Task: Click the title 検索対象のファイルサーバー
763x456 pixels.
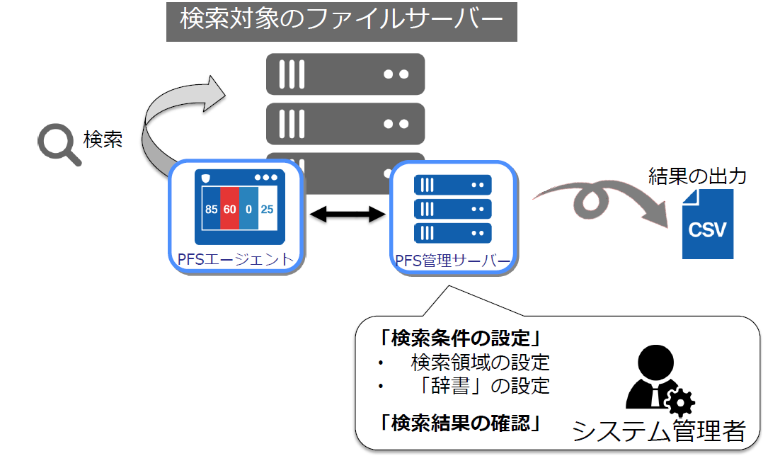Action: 342,19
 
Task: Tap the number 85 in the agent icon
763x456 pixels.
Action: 211,210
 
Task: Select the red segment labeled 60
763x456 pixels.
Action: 229,207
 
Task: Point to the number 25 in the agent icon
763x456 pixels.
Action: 267,210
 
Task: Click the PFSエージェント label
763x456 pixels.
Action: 236,259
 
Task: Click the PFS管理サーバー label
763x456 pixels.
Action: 453,261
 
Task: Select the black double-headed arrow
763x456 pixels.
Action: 348,214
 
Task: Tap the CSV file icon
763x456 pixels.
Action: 708,224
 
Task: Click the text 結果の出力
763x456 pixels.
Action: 697,176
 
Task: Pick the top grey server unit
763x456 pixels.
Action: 345,74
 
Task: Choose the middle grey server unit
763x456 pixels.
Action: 345,124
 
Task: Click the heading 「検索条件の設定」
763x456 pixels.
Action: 460,338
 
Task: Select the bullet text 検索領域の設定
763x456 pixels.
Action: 481,363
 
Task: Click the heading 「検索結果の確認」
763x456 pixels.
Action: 460,423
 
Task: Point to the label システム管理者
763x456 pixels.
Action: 659,431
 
